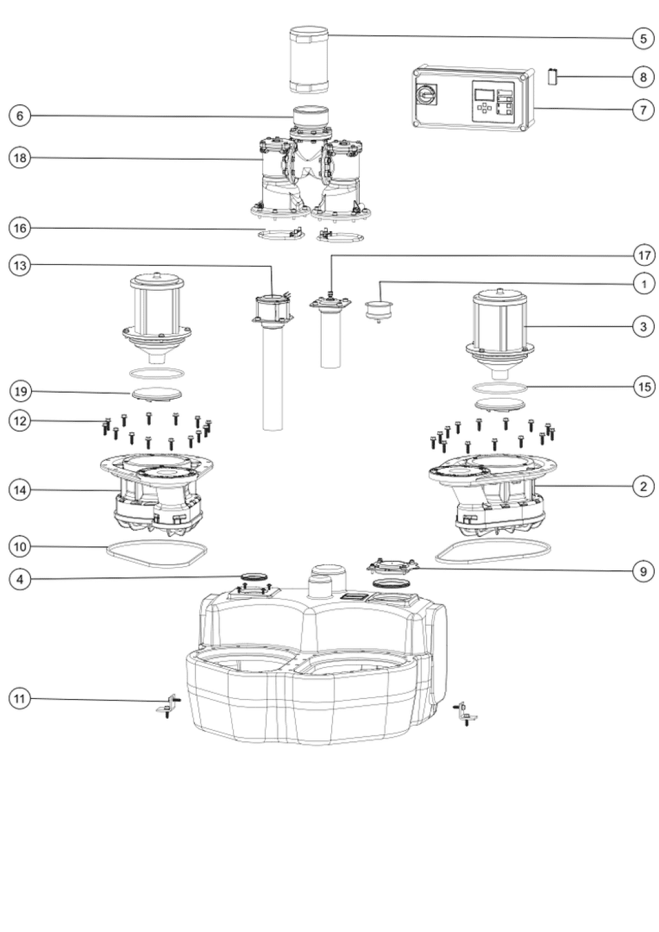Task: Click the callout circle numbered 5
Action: [x=643, y=39]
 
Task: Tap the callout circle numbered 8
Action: [x=643, y=77]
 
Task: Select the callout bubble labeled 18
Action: [x=20, y=158]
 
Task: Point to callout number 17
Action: [x=644, y=255]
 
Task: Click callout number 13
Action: [x=20, y=265]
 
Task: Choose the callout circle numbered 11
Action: [x=20, y=698]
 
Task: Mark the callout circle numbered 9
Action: [x=643, y=572]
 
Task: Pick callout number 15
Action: [x=644, y=387]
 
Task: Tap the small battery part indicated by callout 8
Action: [x=552, y=76]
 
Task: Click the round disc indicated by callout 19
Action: [x=157, y=395]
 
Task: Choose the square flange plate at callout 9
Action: [x=391, y=566]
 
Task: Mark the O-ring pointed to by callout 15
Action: [x=499, y=388]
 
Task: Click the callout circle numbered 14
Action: [x=20, y=490]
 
